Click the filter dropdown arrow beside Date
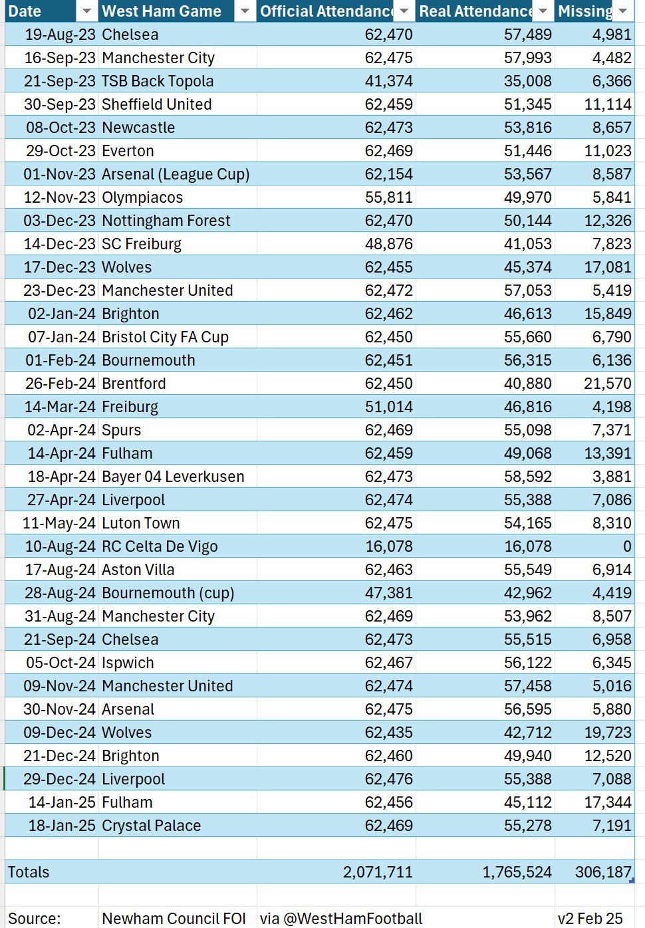click(x=86, y=11)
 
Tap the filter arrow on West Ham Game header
click(x=245, y=11)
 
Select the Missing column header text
click(x=585, y=11)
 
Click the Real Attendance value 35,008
click(x=528, y=81)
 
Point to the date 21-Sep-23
click(x=60, y=81)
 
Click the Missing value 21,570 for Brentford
click(x=608, y=384)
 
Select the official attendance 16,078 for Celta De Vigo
click(x=389, y=546)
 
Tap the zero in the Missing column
click(x=627, y=546)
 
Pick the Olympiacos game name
click(x=142, y=197)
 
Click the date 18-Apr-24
click(x=62, y=477)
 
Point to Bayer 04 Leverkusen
click(x=173, y=477)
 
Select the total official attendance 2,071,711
click(x=378, y=872)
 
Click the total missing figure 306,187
click(x=603, y=872)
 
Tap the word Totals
click(x=29, y=872)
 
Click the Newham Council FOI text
click(x=174, y=919)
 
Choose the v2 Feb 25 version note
click(x=590, y=919)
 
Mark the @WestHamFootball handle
click(x=353, y=919)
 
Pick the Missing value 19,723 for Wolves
click(x=608, y=733)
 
